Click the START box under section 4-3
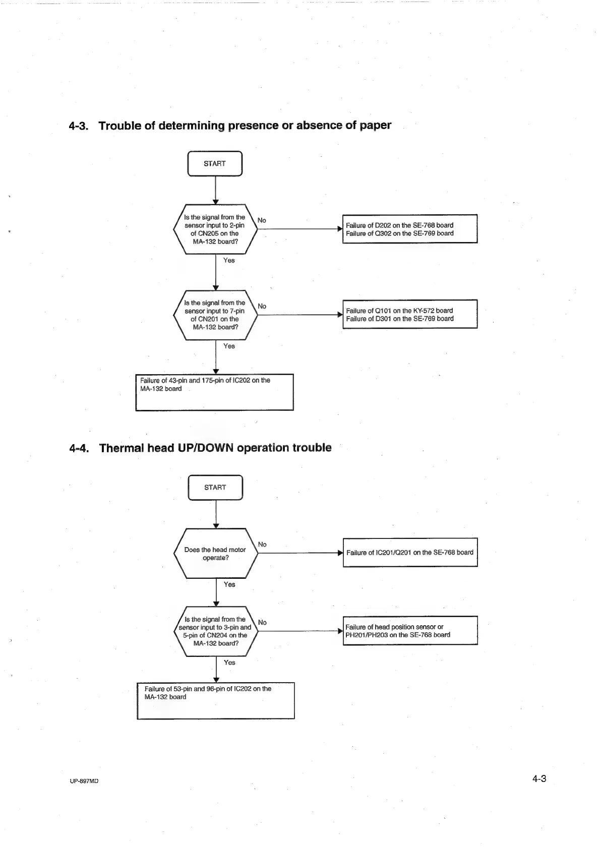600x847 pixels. point(215,163)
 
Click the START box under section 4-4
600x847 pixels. point(215,488)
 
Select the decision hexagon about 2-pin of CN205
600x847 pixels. point(215,229)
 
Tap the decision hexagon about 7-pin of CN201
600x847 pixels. point(215,315)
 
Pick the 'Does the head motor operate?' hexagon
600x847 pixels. point(215,554)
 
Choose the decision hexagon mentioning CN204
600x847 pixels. point(215,631)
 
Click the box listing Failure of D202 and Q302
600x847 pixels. point(409,229)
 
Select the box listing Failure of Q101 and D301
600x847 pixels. point(409,315)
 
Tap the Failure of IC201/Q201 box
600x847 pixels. point(410,553)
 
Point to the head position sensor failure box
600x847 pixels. point(410,631)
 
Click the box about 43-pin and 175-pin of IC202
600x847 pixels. point(214,392)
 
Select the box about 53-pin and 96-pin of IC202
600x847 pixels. point(215,701)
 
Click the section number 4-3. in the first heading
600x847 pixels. point(79,126)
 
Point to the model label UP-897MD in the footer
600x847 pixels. point(84,781)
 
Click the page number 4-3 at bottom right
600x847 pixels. point(539,779)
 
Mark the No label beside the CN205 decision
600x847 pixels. point(262,220)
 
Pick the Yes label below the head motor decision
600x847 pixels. point(229,584)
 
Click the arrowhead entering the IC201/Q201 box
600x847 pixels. point(340,553)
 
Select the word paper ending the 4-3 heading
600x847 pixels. point(375,126)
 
